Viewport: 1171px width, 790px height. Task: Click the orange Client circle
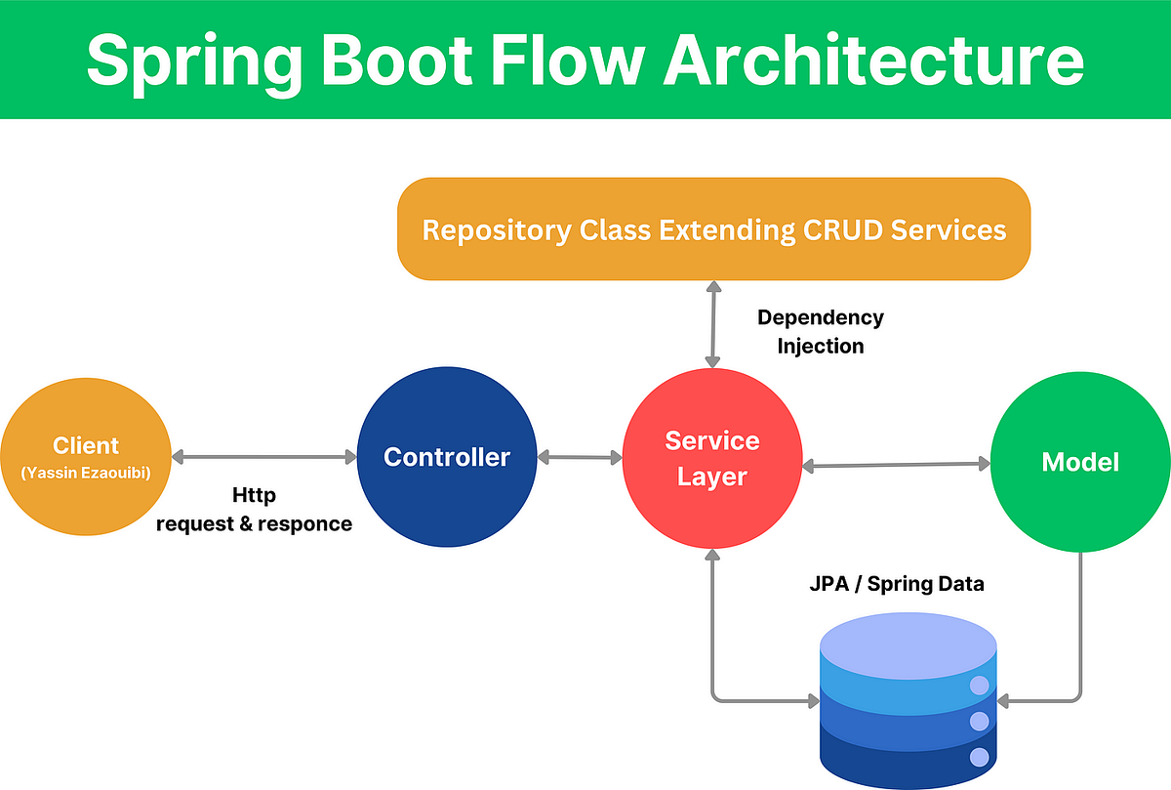point(85,459)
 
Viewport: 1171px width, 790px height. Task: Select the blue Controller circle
point(446,457)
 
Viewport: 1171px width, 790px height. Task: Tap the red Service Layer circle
point(711,459)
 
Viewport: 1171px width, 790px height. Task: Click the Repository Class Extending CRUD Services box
point(713,229)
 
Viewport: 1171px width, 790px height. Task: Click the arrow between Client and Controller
point(264,457)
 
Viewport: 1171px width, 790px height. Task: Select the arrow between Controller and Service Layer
point(580,457)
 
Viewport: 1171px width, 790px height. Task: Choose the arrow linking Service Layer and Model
point(895,466)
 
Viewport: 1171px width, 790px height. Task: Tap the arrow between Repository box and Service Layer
point(713,323)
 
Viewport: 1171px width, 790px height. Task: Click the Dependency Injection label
point(820,332)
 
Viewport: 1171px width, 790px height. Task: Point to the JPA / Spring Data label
point(896,584)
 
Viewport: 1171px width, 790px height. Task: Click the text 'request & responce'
point(254,523)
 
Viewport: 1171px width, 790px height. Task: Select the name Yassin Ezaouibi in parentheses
point(86,474)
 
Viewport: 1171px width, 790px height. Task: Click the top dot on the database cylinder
point(979,686)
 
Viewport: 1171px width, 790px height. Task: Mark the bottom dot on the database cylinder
point(979,756)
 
